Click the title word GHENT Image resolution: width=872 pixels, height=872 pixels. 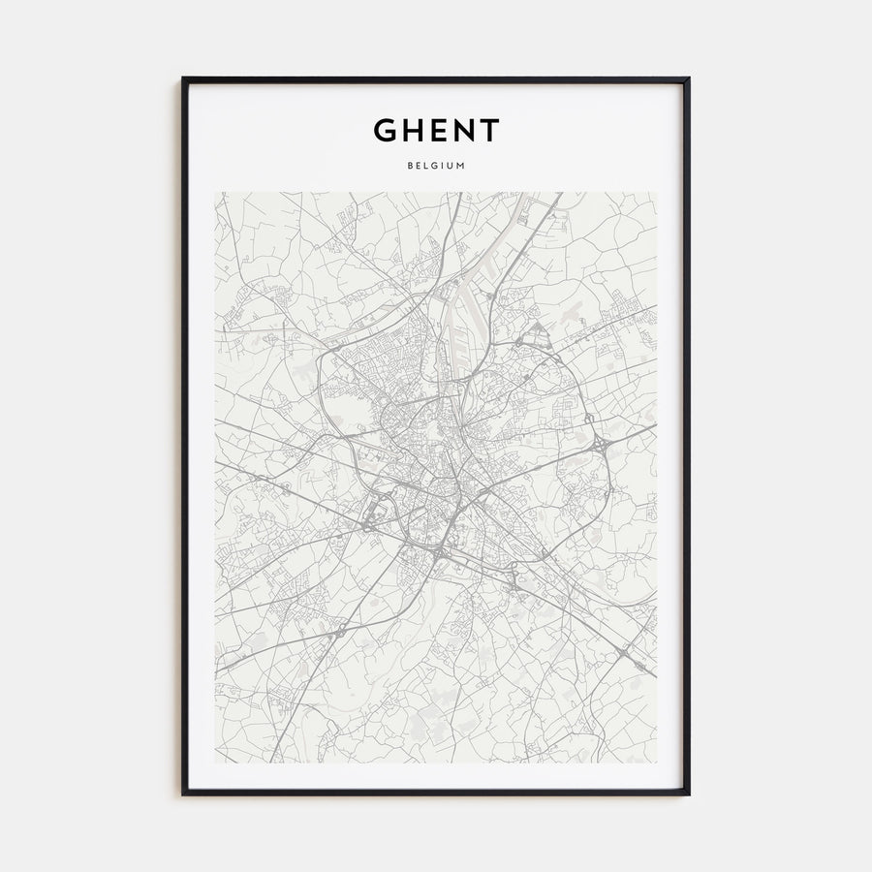coord(436,130)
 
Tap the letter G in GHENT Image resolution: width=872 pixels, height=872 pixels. coord(386,130)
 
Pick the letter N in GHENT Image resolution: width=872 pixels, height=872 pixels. coord(462,130)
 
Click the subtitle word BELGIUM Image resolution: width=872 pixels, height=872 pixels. coord(436,166)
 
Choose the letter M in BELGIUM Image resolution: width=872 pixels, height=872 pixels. coord(461,166)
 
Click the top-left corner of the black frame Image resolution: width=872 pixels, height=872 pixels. coord(183,78)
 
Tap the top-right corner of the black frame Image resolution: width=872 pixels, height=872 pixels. coord(689,78)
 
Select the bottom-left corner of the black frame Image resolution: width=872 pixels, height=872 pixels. coord(183,794)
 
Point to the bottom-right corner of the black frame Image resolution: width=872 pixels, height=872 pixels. coord(689,794)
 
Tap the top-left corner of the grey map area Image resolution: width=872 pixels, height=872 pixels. coord(215,192)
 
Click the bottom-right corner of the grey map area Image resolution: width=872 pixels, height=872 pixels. coord(657,763)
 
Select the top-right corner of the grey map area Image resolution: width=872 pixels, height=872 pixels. coord(657,192)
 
